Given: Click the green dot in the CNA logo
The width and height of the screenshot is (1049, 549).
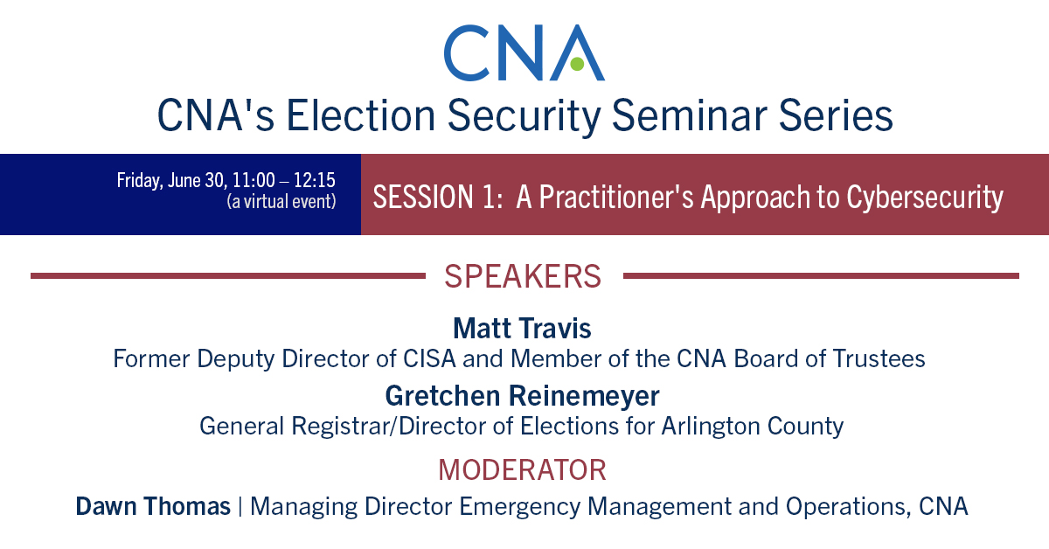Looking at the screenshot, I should (x=577, y=64).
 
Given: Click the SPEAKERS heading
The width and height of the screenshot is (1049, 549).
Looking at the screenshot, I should (x=523, y=276).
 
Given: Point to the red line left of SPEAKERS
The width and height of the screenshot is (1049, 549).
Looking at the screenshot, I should (x=227, y=276).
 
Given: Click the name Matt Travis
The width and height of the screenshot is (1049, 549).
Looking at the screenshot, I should (x=522, y=329).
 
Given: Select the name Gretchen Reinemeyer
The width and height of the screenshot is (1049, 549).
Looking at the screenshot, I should (x=522, y=395).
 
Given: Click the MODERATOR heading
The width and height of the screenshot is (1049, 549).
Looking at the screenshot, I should (x=522, y=469).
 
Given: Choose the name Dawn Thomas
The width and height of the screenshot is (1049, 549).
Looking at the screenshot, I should (x=153, y=506).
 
